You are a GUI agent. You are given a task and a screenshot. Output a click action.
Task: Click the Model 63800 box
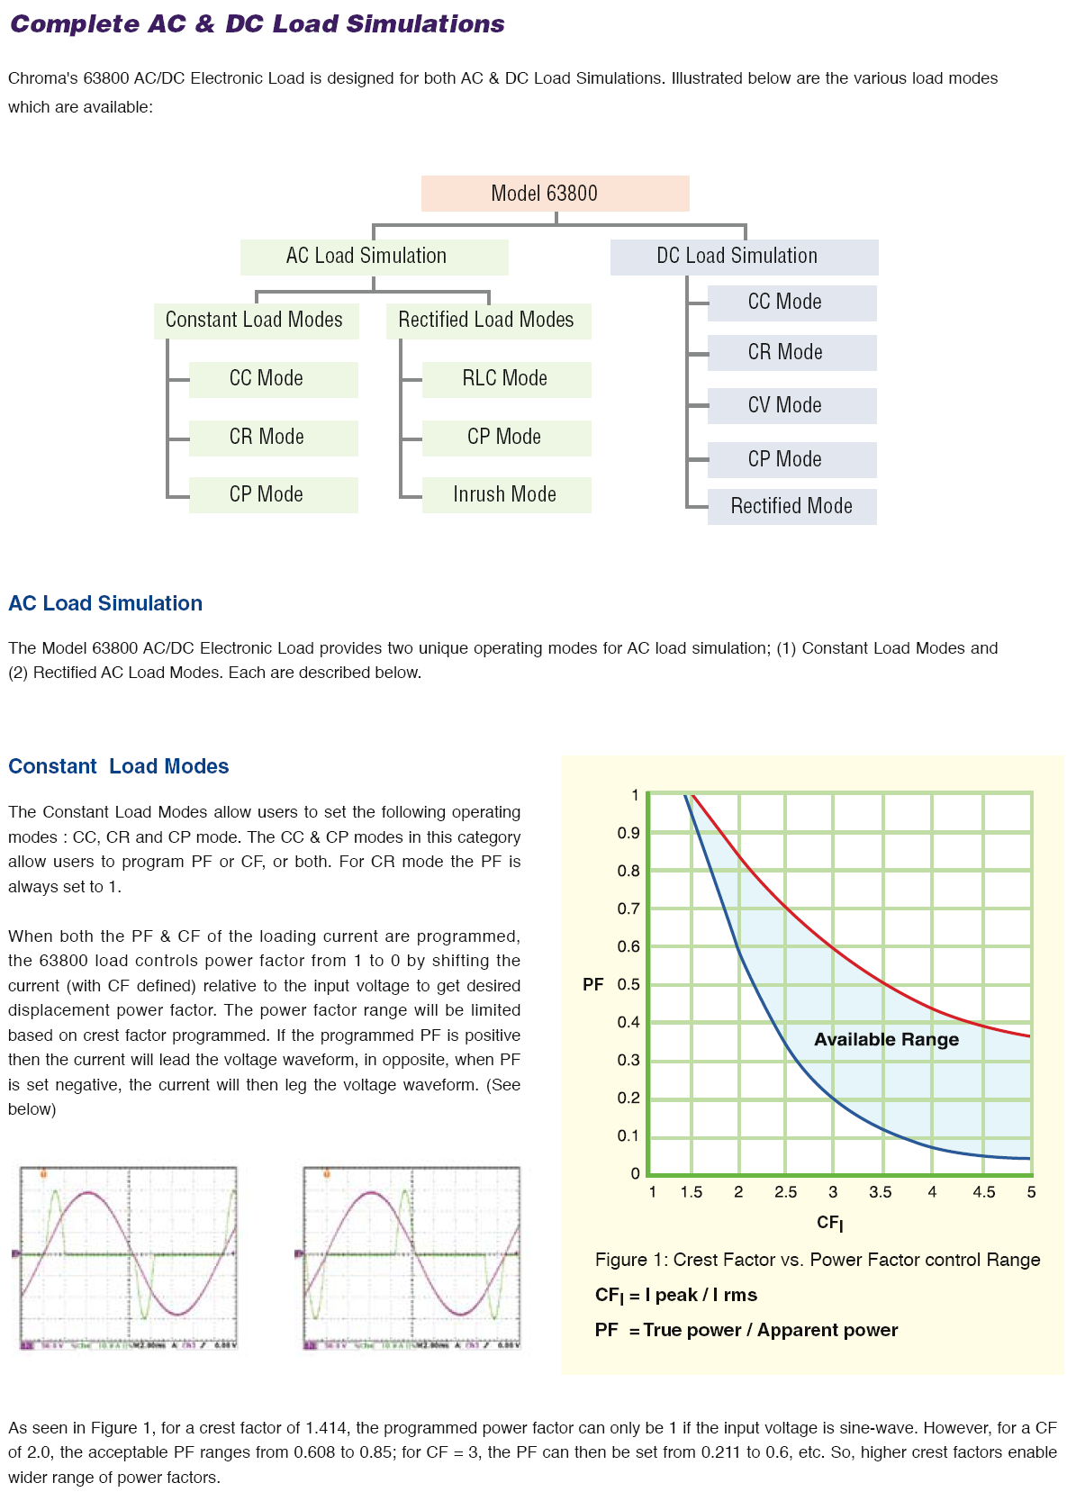pyautogui.click(x=555, y=194)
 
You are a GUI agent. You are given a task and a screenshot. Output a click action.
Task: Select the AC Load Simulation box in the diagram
pyautogui.click(x=374, y=257)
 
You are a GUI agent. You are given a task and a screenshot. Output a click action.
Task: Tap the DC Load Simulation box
pyautogui.click(x=744, y=257)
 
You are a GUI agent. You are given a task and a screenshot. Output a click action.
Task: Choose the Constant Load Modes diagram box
pyautogui.click(x=256, y=321)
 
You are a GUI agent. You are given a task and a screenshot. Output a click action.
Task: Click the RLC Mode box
pyautogui.click(x=506, y=379)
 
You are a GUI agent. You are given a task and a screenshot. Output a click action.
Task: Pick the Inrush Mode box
pyautogui.click(x=506, y=494)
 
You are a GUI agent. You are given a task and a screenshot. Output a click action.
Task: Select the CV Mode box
pyautogui.click(x=791, y=406)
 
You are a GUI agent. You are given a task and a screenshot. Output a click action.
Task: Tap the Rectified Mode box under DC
pyautogui.click(x=791, y=506)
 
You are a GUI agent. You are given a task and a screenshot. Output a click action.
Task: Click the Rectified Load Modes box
pyautogui.click(x=488, y=321)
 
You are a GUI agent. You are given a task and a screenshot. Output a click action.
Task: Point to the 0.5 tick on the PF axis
pyautogui.click(x=628, y=984)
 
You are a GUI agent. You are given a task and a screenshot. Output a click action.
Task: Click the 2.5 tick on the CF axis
pyautogui.click(x=785, y=1192)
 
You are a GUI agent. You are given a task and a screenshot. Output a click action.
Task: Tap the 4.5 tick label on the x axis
pyautogui.click(x=983, y=1192)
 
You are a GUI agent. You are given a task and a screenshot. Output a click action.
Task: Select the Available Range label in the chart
pyautogui.click(x=886, y=1039)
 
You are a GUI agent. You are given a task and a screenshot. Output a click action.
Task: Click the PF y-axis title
pyautogui.click(x=592, y=984)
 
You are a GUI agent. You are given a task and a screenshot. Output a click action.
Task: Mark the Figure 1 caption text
pyautogui.click(x=817, y=1260)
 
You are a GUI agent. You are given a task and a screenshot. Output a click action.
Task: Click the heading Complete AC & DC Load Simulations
pyautogui.click(x=258, y=24)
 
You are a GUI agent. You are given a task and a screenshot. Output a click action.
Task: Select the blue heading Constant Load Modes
pyautogui.click(x=119, y=766)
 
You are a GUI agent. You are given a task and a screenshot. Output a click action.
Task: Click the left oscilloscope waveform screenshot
pyautogui.click(x=129, y=1257)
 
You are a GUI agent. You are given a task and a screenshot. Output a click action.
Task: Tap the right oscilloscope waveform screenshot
pyautogui.click(x=411, y=1257)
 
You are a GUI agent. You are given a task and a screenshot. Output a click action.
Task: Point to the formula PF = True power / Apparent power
pyautogui.click(x=746, y=1330)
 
